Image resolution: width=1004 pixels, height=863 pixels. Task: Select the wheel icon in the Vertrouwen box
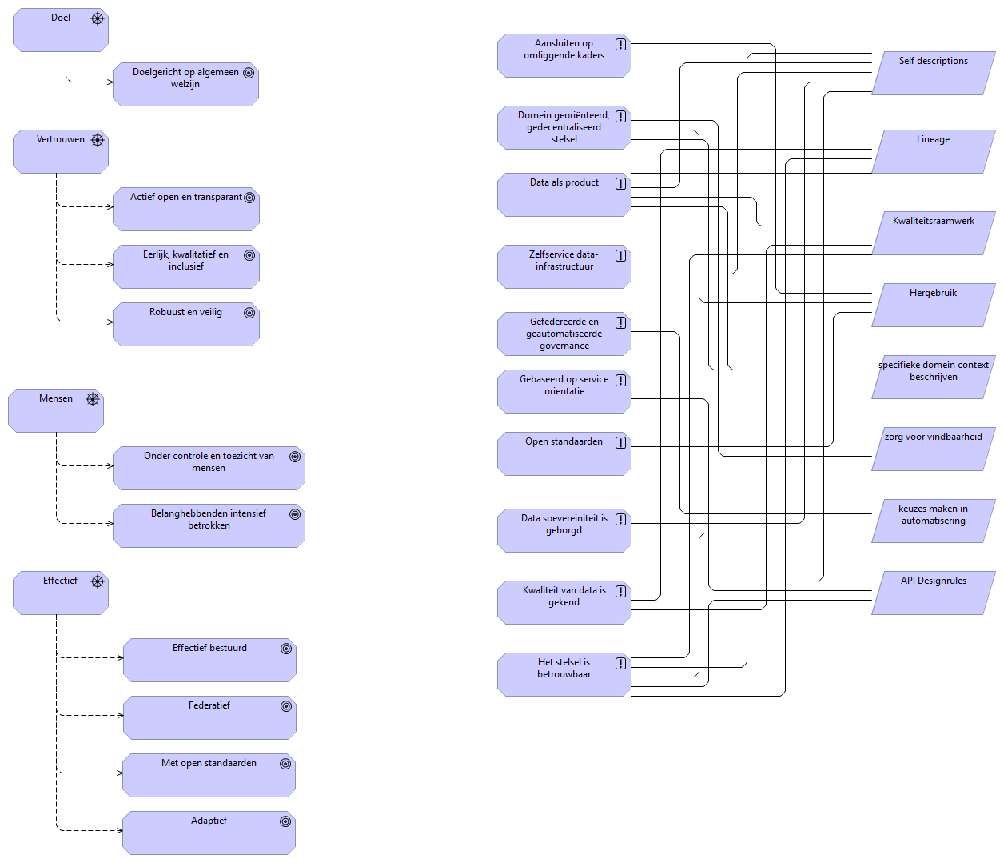point(98,140)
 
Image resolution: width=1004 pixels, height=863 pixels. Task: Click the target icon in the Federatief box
point(286,706)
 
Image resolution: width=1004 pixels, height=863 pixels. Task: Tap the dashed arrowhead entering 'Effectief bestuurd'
point(120,657)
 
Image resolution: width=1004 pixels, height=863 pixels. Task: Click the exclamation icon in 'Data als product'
point(620,183)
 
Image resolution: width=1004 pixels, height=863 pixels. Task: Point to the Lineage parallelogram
point(933,151)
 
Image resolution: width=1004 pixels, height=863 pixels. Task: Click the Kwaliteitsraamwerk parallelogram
point(933,233)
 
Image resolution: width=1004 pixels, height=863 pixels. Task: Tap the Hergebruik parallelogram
point(933,305)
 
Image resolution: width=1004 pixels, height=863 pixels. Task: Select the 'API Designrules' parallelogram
point(933,593)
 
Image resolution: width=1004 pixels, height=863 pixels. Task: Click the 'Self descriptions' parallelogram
point(933,73)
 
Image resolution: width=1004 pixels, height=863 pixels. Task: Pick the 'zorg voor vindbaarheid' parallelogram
point(933,449)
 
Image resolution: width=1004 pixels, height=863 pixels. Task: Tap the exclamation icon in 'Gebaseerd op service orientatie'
point(620,380)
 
